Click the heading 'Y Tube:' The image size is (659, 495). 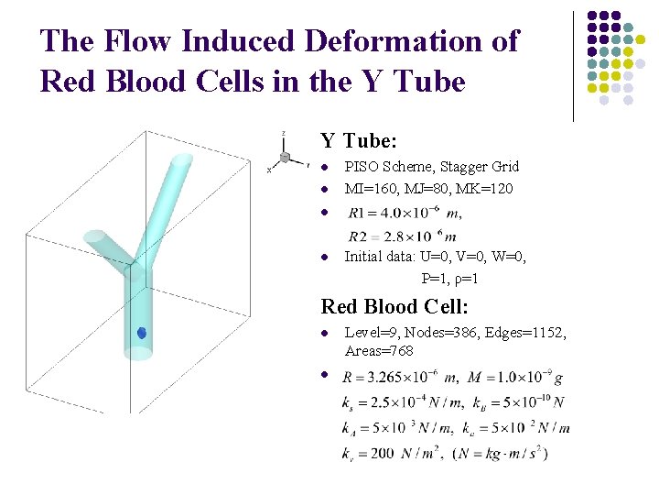[x=358, y=141]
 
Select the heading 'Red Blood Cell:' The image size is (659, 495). [x=394, y=306]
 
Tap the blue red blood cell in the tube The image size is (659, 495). [x=142, y=334]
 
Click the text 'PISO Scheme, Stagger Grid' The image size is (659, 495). [x=431, y=167]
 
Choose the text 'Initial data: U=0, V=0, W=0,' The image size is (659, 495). [x=435, y=257]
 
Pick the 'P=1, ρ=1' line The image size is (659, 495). [x=449, y=278]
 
